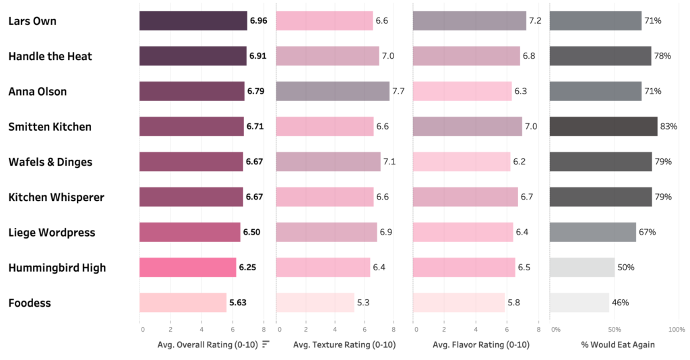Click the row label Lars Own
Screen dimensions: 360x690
tap(32, 21)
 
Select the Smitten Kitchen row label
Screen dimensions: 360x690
tap(50, 127)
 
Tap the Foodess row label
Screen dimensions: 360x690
tap(30, 303)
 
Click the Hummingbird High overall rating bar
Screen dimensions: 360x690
tap(188, 268)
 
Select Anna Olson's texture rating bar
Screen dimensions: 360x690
tap(333, 91)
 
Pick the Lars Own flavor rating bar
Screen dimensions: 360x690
tap(469, 21)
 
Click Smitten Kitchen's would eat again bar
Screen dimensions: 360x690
tap(603, 127)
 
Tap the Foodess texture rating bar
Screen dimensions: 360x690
tap(315, 303)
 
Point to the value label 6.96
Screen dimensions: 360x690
tap(258, 21)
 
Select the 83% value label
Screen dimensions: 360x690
tap(668, 127)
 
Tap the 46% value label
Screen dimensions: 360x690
tap(620, 303)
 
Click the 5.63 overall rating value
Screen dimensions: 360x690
tap(238, 303)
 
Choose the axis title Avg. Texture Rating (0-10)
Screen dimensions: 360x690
tap(344, 345)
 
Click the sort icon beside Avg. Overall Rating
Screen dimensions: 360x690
tap(266, 344)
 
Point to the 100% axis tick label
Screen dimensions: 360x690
tap(676, 330)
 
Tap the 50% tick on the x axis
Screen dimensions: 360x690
tap(615, 330)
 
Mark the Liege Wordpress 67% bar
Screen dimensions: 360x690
tap(592, 232)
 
